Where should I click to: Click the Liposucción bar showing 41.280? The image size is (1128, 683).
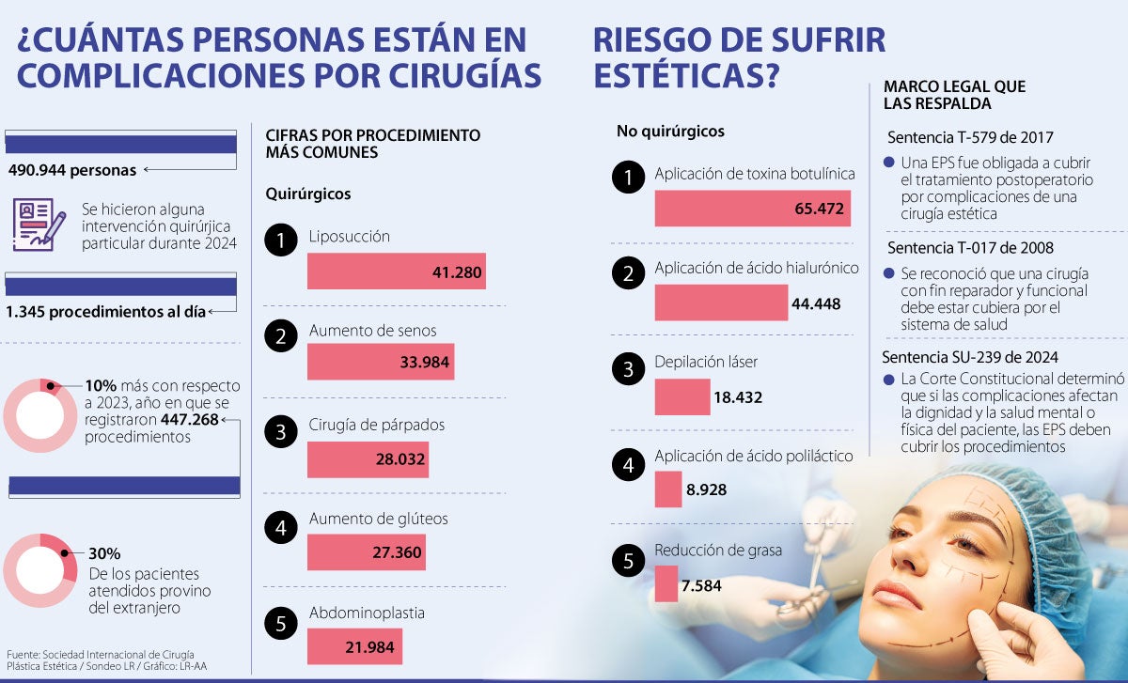(396, 272)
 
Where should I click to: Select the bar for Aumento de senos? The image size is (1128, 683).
(380, 362)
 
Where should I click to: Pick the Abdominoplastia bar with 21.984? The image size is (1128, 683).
(354, 646)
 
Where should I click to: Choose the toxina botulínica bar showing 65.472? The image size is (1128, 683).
(752, 209)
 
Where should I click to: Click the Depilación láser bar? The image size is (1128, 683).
(681, 396)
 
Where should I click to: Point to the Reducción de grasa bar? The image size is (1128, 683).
(666, 584)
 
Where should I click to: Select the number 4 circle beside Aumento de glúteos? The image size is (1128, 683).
(280, 529)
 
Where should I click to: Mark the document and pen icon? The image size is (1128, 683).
(39, 223)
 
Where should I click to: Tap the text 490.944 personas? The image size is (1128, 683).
(72, 170)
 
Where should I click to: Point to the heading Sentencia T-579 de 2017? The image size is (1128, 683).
(970, 137)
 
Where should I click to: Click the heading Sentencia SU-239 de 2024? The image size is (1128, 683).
(970, 357)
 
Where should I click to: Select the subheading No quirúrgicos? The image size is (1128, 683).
(670, 132)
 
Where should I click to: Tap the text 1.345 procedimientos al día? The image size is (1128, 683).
(106, 311)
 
